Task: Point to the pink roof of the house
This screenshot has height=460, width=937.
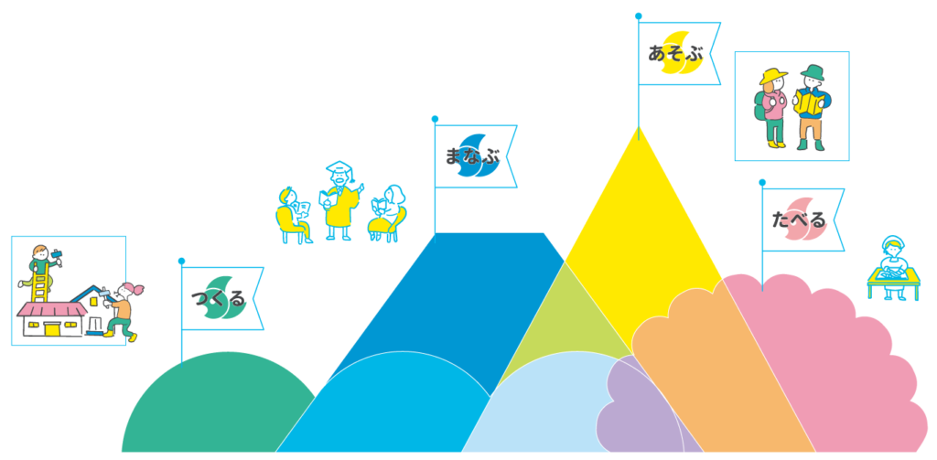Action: pos(52,311)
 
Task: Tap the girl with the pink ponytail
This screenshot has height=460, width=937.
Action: pos(123,311)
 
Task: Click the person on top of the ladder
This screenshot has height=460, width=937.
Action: pos(40,258)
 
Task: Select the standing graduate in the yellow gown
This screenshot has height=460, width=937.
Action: pos(338,202)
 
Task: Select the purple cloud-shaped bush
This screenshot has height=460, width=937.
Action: pos(631,412)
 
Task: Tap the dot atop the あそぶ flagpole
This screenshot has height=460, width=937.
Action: pos(639,16)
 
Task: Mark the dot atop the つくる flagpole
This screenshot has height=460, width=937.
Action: pos(181,261)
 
